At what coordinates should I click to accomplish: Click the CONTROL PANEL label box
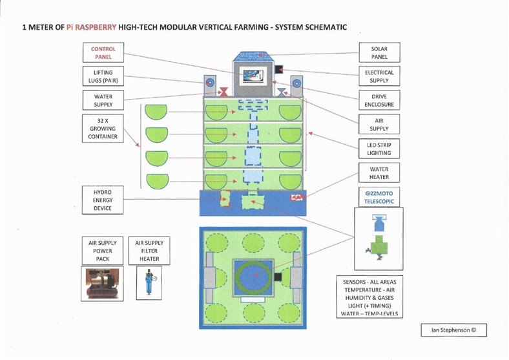(103, 52)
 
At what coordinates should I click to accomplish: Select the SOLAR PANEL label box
(379, 52)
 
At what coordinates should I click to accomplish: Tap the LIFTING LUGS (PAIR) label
(103, 76)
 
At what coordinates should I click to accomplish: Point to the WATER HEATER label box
(379, 173)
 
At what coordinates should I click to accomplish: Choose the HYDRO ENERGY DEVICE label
(103, 200)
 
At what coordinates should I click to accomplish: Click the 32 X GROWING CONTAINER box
(103, 129)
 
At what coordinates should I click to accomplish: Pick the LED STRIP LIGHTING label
(379, 149)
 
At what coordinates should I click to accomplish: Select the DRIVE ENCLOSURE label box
(379, 100)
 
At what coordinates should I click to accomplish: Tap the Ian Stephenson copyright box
(454, 330)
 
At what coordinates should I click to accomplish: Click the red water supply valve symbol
(223, 92)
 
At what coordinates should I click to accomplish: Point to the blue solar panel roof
(253, 56)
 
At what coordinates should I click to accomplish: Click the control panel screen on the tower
(253, 76)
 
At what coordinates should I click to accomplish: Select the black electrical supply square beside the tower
(279, 69)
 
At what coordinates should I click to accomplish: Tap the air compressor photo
(102, 284)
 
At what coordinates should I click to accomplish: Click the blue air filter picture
(149, 283)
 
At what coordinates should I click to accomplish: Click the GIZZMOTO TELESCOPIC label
(379, 197)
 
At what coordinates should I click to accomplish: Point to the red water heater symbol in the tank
(296, 198)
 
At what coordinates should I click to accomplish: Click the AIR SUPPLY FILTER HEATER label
(149, 251)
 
